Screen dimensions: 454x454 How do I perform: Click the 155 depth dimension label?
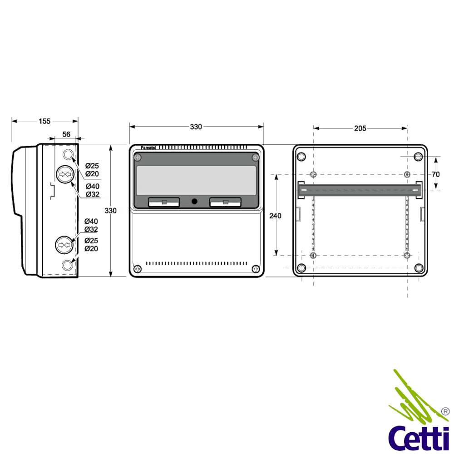click(44, 121)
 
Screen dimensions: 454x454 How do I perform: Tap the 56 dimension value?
click(66, 134)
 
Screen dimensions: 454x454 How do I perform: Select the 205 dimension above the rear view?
click(360, 128)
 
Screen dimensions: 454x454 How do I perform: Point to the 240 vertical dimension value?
click(276, 216)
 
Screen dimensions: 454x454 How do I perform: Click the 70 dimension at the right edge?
click(435, 174)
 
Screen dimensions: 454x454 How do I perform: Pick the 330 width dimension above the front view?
click(196, 127)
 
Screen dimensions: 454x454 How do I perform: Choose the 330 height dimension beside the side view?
click(111, 211)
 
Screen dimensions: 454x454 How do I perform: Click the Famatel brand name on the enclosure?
click(148, 148)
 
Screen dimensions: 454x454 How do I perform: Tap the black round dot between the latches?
click(195, 201)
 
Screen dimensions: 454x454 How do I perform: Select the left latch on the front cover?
click(164, 202)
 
